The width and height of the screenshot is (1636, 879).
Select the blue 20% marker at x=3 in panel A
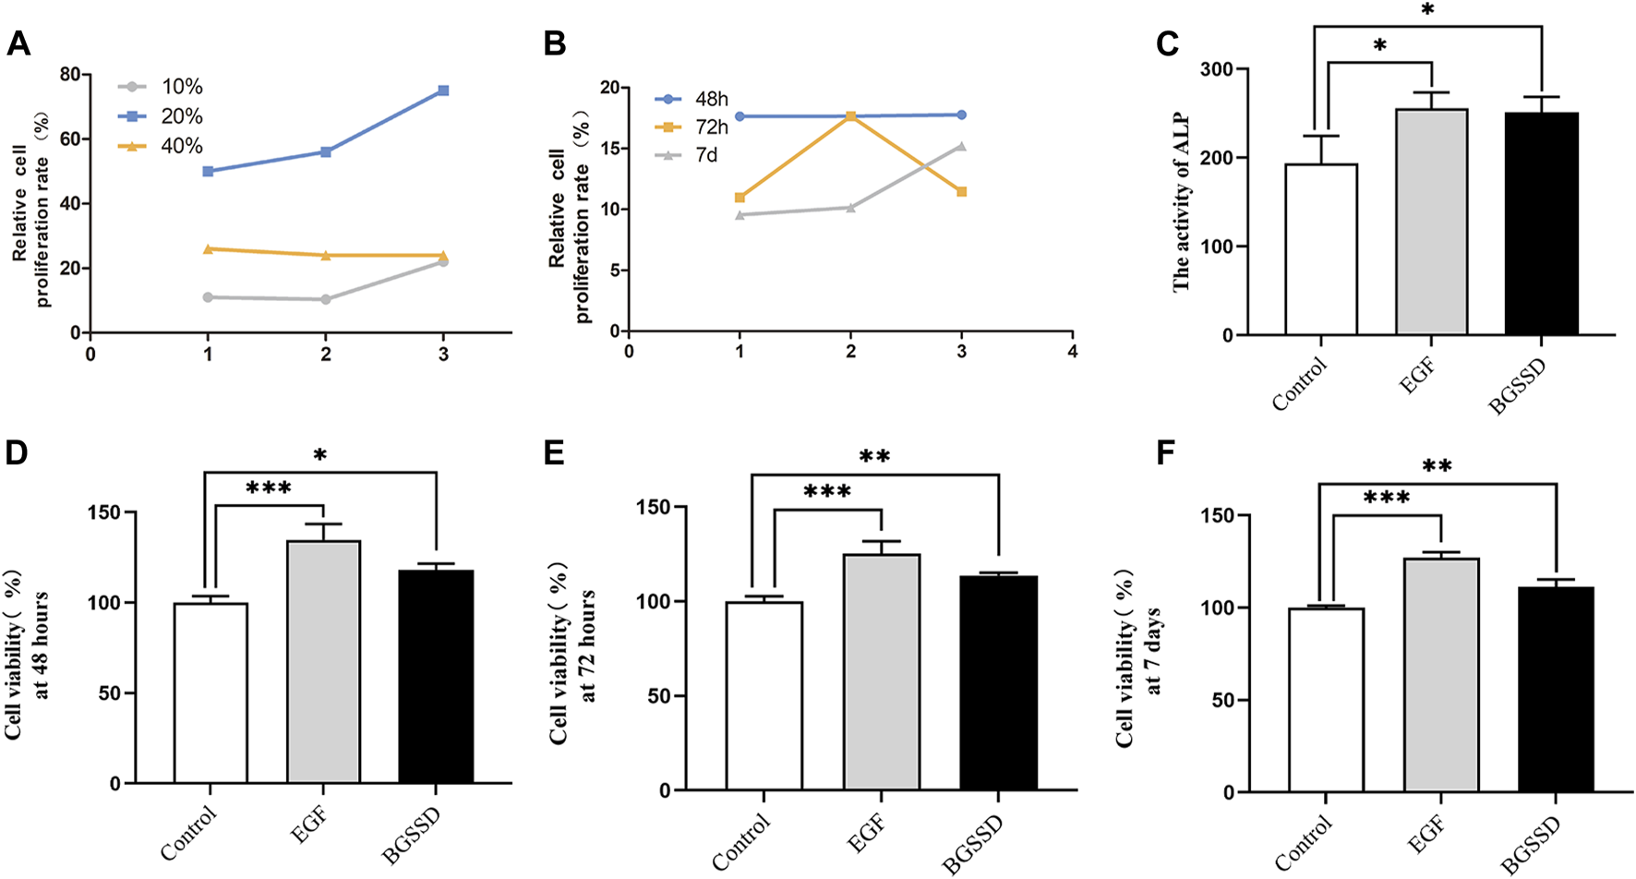[x=444, y=90]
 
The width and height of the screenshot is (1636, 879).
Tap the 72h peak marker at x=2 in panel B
[x=850, y=116]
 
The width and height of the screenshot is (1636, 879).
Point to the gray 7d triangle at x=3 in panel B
[x=962, y=146]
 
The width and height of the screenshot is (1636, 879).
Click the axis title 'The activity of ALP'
[x=1182, y=202]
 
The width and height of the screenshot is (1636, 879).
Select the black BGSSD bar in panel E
[x=999, y=683]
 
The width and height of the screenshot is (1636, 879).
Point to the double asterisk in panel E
[x=874, y=457]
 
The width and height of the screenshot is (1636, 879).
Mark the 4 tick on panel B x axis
[x=1073, y=351]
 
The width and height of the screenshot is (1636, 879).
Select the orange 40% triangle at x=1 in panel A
[x=209, y=248]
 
